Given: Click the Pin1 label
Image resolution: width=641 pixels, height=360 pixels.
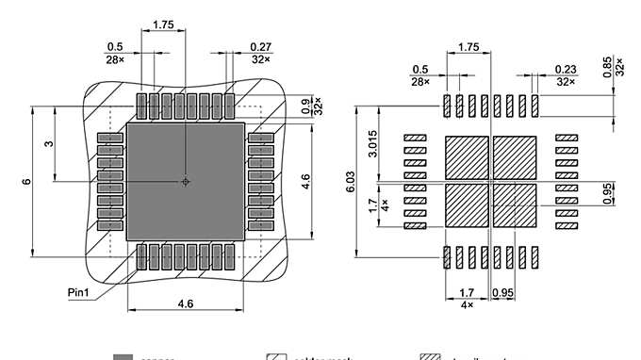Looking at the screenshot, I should pos(80,292).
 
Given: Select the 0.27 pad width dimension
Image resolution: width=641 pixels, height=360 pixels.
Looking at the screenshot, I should pos(261,46).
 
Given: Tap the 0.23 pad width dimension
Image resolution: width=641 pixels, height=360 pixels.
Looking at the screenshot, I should pos(566,69).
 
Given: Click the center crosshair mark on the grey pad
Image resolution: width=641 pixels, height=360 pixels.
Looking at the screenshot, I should pos(186,180).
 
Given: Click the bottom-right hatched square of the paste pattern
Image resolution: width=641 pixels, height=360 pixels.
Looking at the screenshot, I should pos(515,205).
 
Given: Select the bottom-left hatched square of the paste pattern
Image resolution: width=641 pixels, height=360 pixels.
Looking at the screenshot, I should pos(467,205).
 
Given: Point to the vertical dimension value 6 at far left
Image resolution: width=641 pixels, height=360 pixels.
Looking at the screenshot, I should pos(25,180).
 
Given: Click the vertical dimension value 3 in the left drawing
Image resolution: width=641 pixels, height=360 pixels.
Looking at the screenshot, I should pos(48,143).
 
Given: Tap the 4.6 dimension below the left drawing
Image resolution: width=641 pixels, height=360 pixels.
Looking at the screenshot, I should pos(186,303).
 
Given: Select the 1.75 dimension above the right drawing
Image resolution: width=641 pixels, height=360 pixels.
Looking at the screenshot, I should pos(468,46).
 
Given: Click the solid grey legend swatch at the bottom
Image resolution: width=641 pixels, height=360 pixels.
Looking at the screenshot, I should pos(123,357).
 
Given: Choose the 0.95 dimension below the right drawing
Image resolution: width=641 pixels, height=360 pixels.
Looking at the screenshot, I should pos(502,293).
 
